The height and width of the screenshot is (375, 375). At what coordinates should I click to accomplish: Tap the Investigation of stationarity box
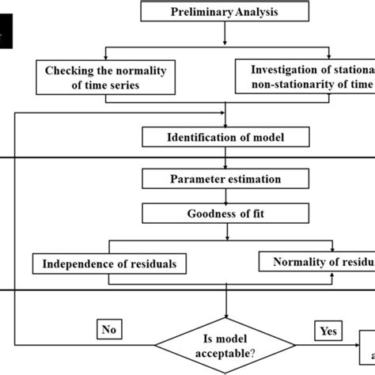(x=305, y=78)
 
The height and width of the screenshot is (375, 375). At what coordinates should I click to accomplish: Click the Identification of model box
(x=225, y=138)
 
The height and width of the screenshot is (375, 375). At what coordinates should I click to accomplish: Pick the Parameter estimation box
(x=225, y=179)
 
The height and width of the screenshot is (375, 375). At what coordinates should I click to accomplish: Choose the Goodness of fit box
(x=225, y=213)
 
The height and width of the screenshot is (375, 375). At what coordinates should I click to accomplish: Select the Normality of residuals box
(x=316, y=262)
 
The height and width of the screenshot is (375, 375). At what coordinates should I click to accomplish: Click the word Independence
(x=75, y=263)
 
